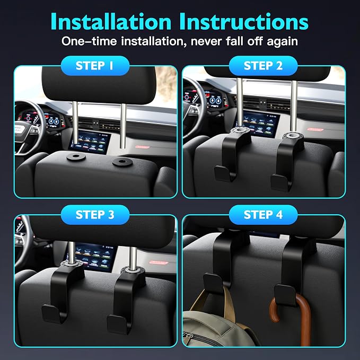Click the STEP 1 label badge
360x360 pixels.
[95, 66]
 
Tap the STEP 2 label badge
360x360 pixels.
[263, 66]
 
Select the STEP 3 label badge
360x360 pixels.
[95, 215]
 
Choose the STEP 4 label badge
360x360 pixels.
[263, 215]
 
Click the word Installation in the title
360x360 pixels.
[111, 22]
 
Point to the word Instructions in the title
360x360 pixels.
[244, 22]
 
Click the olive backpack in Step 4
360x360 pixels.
[214, 326]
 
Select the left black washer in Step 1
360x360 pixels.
[76, 157]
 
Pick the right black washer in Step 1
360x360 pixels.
[122, 162]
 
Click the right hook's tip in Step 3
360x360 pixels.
[116, 323]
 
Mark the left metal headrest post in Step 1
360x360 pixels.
[75, 124]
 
